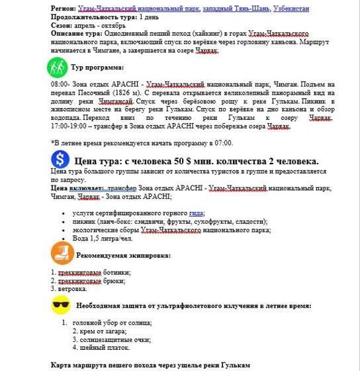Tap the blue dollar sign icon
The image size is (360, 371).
point(60,160)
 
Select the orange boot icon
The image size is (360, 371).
point(62,254)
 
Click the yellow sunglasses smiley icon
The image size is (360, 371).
point(62,305)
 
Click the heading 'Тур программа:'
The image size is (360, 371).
point(97,67)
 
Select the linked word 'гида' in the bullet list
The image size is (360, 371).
point(196,213)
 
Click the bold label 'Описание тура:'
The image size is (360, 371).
point(75,32)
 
